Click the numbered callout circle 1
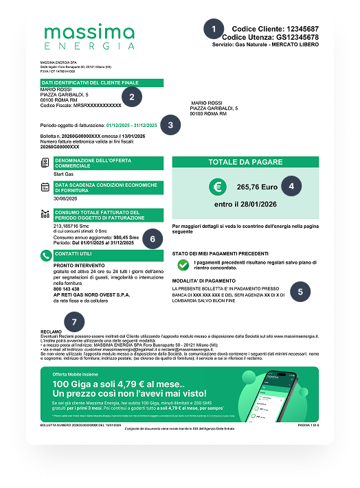click(214, 29)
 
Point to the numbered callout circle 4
click(293, 185)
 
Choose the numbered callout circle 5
click(300, 291)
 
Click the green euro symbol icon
click(218, 186)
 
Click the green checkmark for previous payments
click(182, 264)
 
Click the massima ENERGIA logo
click(89, 37)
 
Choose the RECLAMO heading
click(52, 330)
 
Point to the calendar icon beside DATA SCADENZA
click(45, 186)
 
